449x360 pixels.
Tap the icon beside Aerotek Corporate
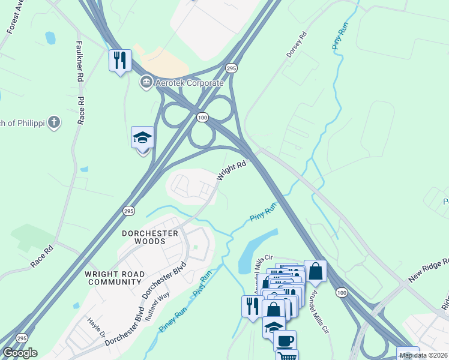tap(145, 82)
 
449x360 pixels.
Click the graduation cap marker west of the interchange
tap(143, 138)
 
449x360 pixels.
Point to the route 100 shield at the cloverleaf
tap(203, 118)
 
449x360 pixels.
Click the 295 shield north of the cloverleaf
tap(232, 69)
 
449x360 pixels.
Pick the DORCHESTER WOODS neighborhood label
tap(150, 237)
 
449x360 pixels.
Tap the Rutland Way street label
tap(161, 303)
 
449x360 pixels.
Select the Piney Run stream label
tap(173, 320)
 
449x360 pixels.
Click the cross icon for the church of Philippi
tap(54, 123)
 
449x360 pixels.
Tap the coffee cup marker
tap(285, 340)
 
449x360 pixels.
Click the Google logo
tap(20, 352)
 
